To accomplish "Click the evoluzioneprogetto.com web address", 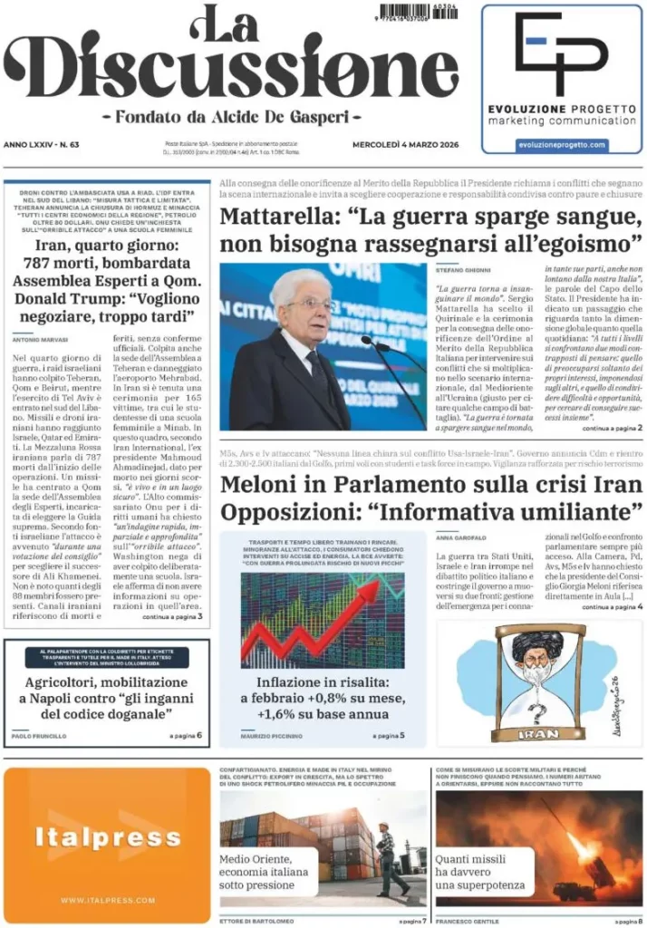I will tap(562, 145).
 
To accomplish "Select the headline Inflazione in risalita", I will tap(323, 681).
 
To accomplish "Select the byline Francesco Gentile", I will tap(467, 920).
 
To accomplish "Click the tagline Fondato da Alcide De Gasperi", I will tap(231, 117).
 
